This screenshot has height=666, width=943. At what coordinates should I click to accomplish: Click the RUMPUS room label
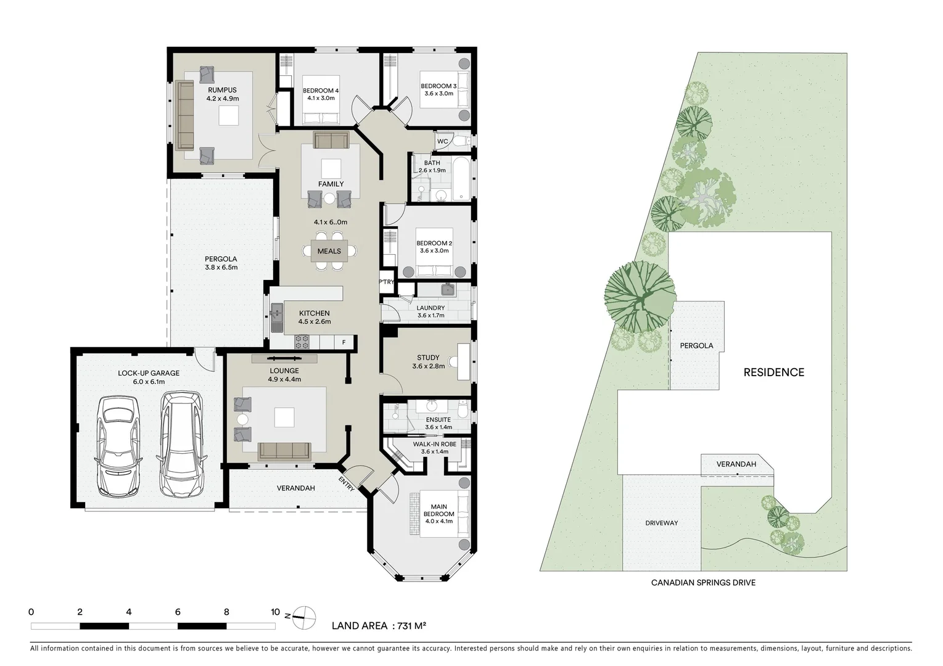[x=222, y=90]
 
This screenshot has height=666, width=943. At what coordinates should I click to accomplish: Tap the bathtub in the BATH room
[x=459, y=179]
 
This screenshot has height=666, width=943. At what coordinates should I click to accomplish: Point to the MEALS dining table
[x=329, y=251]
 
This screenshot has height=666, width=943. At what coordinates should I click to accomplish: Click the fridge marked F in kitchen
[x=344, y=342]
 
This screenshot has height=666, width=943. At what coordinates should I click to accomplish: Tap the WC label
[x=442, y=142]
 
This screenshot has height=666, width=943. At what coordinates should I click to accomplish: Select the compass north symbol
[x=303, y=615]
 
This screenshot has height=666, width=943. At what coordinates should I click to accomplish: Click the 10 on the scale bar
[x=275, y=612]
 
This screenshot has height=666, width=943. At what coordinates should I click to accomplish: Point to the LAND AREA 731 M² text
[x=379, y=626]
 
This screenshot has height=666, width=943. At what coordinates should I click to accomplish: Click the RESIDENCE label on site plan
[x=773, y=372]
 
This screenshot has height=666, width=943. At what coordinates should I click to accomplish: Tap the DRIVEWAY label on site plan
[x=661, y=523]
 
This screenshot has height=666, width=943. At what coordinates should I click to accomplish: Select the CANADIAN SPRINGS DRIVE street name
[x=703, y=583]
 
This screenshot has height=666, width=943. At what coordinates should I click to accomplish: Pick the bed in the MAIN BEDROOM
[x=438, y=514]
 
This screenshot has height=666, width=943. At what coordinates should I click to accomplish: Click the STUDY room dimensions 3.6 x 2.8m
[x=428, y=366]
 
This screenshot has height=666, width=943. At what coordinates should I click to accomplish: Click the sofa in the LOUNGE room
[x=284, y=451]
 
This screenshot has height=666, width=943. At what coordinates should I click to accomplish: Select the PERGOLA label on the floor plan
[x=221, y=259]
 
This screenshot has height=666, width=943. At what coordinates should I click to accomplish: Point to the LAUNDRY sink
[x=448, y=290]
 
